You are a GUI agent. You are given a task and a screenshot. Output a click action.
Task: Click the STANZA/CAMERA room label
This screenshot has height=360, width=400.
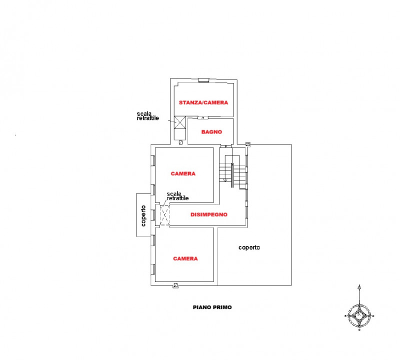click(203, 102)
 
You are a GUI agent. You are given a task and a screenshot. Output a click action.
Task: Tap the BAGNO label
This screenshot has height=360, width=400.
click(211, 132)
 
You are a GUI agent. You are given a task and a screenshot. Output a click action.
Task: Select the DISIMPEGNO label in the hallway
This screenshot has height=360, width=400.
click(209, 214)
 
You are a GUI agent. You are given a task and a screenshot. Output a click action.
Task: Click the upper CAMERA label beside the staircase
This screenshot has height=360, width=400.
click(183, 174)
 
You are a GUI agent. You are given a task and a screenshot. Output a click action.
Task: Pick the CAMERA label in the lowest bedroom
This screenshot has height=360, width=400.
click(185, 259)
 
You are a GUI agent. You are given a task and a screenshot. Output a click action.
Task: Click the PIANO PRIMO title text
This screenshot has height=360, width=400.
click(212, 308)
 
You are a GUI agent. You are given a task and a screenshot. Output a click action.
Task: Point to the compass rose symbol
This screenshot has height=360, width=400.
click(359, 314)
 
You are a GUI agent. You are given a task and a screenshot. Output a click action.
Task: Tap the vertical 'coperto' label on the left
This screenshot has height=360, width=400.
click(143, 215)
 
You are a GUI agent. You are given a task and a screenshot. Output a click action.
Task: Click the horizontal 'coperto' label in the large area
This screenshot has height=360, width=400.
click(249, 247)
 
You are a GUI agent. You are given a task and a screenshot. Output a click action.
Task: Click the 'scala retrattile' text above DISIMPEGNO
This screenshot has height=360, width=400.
click(177, 196)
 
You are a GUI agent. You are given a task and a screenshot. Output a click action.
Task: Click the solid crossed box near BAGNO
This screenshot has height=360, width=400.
click(179, 121)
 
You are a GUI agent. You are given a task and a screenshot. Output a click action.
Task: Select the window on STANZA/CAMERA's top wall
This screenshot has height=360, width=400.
click(203, 81)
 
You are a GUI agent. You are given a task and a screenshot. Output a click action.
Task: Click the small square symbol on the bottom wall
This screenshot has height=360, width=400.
click(175, 285)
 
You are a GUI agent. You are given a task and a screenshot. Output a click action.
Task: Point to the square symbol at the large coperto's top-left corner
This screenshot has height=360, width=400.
click(248, 144)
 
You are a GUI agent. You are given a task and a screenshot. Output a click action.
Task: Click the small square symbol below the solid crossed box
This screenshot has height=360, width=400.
click(180, 142)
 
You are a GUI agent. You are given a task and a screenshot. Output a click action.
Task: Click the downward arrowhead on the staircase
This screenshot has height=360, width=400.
click(225, 179)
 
